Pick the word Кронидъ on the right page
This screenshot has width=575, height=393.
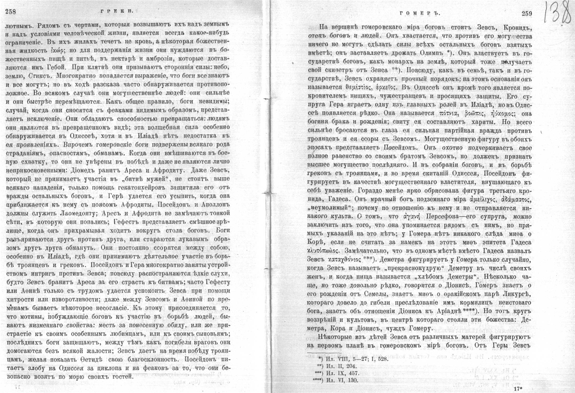point(515,27)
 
